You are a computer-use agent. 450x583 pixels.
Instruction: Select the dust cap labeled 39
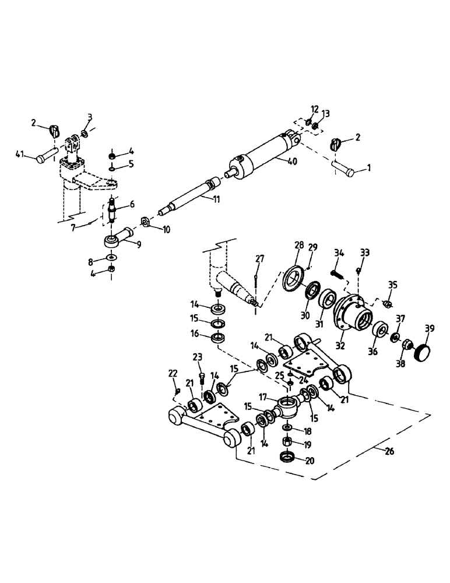pos(422,353)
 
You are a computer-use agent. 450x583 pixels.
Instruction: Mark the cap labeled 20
pos(287,457)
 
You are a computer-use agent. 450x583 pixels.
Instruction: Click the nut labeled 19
pos(287,443)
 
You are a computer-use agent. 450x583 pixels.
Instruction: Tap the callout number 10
pos(167,230)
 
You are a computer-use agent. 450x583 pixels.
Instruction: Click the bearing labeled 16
pos(219,338)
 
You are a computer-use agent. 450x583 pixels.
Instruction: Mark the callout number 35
pos(392,285)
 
